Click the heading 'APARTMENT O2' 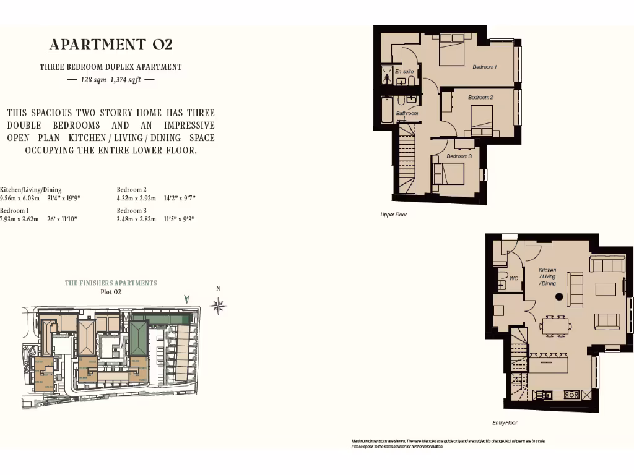[x=111, y=45]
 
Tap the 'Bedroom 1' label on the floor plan [x=484, y=67]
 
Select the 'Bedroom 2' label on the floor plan [x=480, y=98]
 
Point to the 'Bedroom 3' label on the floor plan [x=459, y=156]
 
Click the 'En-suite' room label [x=404, y=72]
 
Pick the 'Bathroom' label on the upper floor [x=407, y=113]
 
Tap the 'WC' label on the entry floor [x=513, y=278]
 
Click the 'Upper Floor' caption [x=393, y=215]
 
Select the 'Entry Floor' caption [x=505, y=423]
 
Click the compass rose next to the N [x=218, y=304]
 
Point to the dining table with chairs [x=555, y=325]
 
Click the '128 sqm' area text [x=93, y=80]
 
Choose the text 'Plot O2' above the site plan [x=110, y=292]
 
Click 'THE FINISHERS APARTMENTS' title [x=111, y=283]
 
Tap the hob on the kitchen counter [x=571, y=394]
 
